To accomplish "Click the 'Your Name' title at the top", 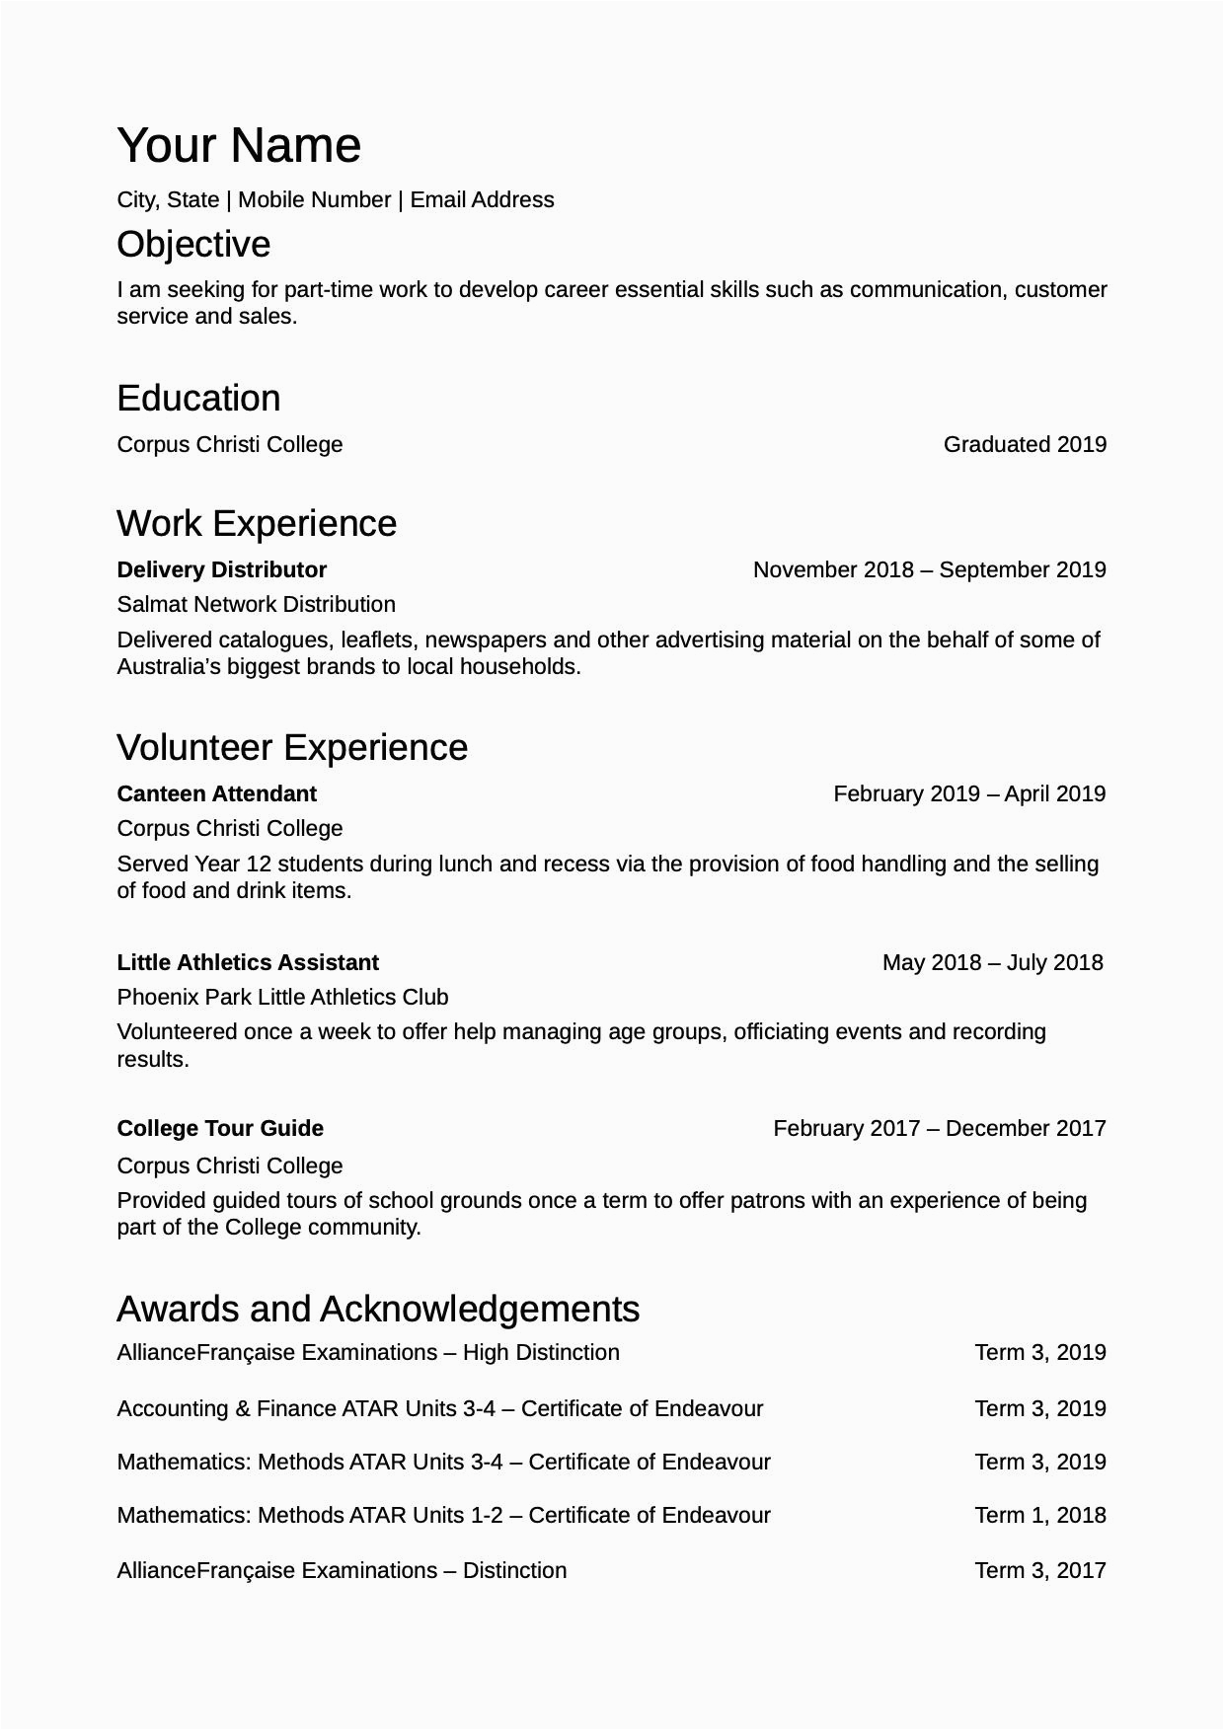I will coord(239,145).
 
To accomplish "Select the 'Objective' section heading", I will coord(193,244).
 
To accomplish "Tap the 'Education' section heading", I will coord(198,398).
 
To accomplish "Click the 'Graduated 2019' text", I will coord(1025,444).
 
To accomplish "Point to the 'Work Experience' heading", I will coord(257,523).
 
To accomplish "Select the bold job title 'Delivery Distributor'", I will coord(221,569).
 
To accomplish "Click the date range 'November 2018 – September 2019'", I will coord(929,569).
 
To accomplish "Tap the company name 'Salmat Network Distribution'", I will coord(256,604).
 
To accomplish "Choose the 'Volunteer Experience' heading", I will coord(292,747).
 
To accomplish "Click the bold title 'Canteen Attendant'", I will coord(216,793).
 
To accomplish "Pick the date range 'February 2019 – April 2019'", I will coord(969,793).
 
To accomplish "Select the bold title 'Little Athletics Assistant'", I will coord(248,962).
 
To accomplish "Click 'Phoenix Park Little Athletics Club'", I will coord(282,997).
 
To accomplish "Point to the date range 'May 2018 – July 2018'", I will coord(992,962).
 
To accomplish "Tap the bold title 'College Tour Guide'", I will coord(220,1128).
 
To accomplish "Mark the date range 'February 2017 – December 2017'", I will coord(940,1128).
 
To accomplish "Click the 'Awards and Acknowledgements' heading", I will coord(378,1309).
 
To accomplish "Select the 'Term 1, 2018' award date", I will coord(1040,1515).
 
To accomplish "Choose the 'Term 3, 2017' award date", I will coord(1040,1570).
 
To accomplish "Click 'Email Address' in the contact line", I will coord(482,199).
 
